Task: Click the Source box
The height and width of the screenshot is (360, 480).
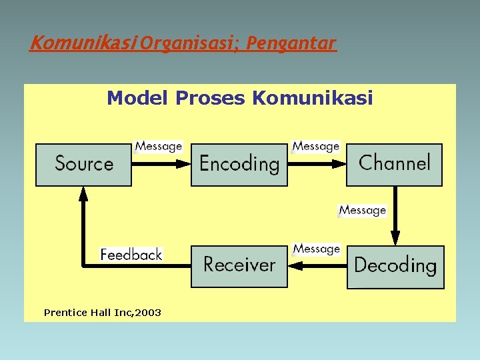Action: (x=83, y=165)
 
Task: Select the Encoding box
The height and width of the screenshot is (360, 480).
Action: (x=239, y=165)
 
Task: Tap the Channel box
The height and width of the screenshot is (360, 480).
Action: (x=394, y=164)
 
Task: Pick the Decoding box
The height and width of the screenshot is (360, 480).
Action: (x=395, y=267)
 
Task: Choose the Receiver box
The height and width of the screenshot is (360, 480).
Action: (x=239, y=266)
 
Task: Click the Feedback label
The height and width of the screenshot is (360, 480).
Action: (x=131, y=255)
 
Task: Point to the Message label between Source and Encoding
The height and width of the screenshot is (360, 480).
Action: (x=159, y=146)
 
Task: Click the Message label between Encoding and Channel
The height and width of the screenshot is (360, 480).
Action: (x=316, y=146)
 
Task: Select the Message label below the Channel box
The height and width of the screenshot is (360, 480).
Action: (x=363, y=210)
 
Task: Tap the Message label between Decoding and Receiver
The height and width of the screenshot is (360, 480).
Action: (x=317, y=249)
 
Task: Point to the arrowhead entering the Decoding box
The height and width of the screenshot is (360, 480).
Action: (x=395, y=239)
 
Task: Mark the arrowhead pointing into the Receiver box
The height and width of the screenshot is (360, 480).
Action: (x=296, y=266)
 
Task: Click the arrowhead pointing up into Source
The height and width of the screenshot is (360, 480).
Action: (x=83, y=193)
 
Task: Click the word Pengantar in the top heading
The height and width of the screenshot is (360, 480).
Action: (x=291, y=44)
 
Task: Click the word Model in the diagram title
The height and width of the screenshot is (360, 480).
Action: (x=138, y=99)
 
